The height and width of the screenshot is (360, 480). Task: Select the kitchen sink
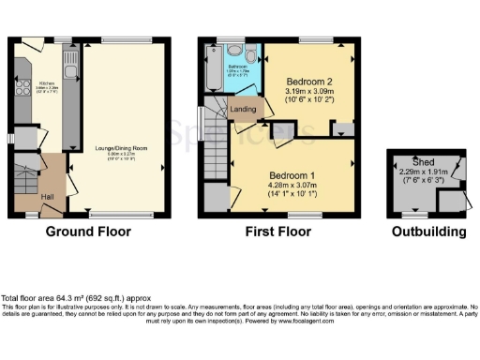point(72,65)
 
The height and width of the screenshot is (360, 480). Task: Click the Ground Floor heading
point(89,231)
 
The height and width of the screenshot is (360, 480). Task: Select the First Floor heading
point(277,231)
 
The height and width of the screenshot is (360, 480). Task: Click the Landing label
point(243,109)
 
